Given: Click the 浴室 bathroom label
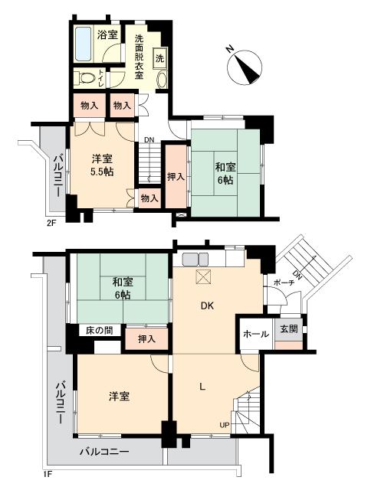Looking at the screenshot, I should click(x=107, y=34).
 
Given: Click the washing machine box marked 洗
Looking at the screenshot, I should click(x=160, y=57).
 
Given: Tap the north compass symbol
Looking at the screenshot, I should click(x=245, y=65).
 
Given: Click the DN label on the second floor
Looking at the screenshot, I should click(x=150, y=139).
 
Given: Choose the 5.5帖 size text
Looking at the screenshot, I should click(x=101, y=171).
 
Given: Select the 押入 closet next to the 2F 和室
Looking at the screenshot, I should click(x=176, y=177).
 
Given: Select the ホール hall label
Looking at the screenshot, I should click(x=255, y=335).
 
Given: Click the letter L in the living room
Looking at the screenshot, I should click(x=202, y=387).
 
